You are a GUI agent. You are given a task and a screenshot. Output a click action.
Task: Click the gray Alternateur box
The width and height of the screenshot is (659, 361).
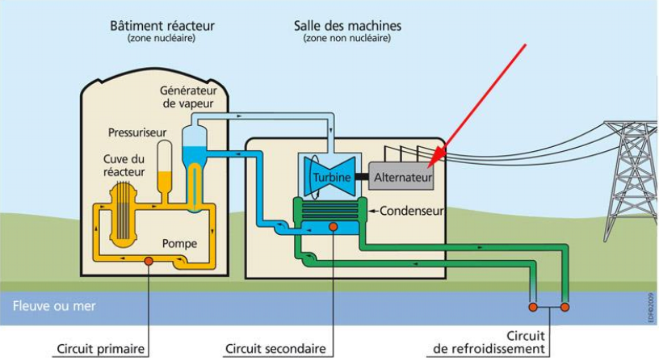(x=401, y=177)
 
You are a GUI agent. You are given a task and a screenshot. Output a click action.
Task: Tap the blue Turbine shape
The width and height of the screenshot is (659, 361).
(x=330, y=177)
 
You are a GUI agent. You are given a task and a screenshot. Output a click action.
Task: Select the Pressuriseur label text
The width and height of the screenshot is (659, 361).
(x=137, y=132)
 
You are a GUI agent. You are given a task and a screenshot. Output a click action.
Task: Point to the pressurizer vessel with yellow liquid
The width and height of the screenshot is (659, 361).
(x=164, y=170)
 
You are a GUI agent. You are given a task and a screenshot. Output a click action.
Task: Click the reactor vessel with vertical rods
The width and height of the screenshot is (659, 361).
(x=123, y=214)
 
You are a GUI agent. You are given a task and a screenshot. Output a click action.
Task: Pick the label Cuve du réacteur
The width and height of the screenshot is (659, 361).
(x=124, y=166)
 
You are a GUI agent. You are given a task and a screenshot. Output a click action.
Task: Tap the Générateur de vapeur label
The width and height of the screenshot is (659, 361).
(x=188, y=97)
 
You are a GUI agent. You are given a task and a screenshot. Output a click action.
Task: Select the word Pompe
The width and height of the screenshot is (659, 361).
(x=179, y=244)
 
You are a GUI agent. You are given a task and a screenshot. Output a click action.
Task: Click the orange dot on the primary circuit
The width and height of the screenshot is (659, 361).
(x=149, y=261)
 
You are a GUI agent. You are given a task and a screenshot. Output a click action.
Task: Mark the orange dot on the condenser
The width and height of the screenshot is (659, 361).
(x=334, y=227)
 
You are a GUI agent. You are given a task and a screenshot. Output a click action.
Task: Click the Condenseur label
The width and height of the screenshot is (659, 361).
(x=411, y=211)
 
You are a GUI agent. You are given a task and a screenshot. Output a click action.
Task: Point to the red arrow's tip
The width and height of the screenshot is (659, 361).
(x=430, y=167)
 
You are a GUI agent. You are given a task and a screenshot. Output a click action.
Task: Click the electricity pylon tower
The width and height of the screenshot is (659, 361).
(x=631, y=181)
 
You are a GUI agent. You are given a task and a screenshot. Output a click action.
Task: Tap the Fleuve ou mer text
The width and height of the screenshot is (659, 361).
(x=54, y=306)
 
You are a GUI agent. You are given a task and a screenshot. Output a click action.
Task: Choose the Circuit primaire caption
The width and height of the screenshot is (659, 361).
(x=100, y=349)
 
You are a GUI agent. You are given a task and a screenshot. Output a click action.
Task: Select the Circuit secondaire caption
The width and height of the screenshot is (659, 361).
(x=275, y=349)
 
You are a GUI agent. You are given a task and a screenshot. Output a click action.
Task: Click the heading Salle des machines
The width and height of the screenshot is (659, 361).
(x=347, y=26)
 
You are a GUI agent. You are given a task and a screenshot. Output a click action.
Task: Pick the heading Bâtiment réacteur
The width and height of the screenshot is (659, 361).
(x=162, y=26)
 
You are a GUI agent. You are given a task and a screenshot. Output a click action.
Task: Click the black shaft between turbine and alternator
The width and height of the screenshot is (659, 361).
(x=362, y=177)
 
